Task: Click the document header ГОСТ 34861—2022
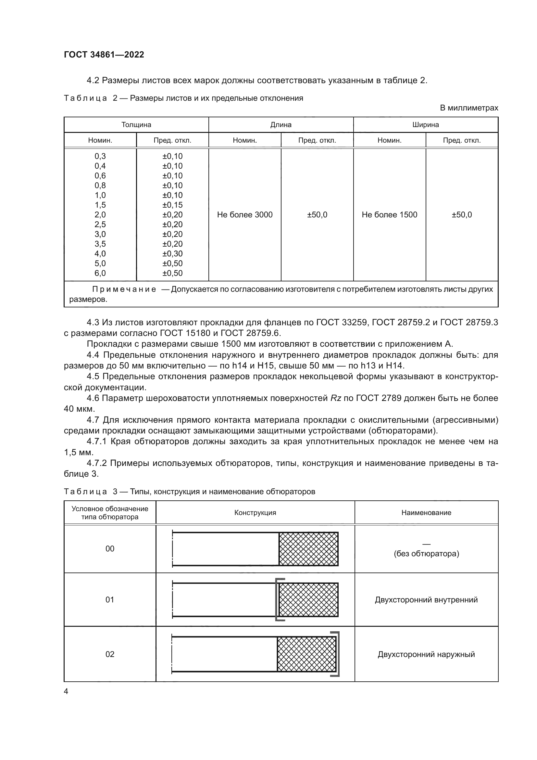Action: pyautogui.click(x=104, y=55)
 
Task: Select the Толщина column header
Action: pyautogui.click(x=136, y=125)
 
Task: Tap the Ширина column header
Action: pyautogui.click(x=426, y=125)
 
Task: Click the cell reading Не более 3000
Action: pyautogui.click(x=245, y=215)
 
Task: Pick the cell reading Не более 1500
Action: pyautogui.click(x=390, y=215)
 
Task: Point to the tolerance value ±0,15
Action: pyautogui.click(x=172, y=205)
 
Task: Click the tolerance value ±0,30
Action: pyautogui.click(x=172, y=253)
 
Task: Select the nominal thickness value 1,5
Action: pyautogui.click(x=100, y=205)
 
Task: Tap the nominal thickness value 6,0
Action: pyautogui.click(x=100, y=273)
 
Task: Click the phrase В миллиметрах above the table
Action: pyautogui.click(x=469, y=108)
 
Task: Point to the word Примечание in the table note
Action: pyautogui.click(x=124, y=289)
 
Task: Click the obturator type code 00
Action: pyautogui.click(x=110, y=549)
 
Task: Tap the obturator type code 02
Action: pyautogui.click(x=110, y=654)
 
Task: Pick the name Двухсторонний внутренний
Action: pyautogui.click(x=426, y=600)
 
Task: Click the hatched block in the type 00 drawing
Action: pyautogui.click(x=308, y=549)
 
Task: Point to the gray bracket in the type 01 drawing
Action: pyautogui.click(x=277, y=600)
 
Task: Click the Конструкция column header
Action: pyautogui.click(x=255, y=513)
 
